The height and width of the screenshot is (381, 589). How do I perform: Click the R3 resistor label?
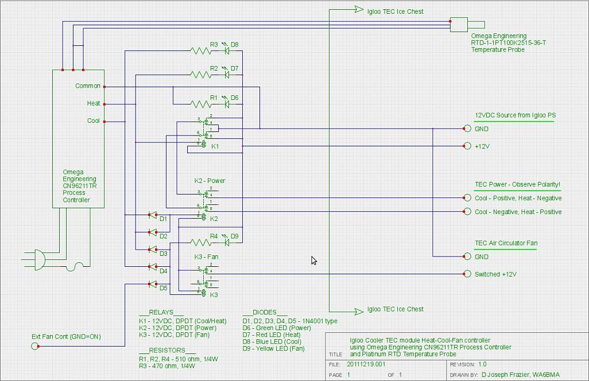click(214, 44)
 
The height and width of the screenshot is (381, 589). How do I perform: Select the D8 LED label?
click(235, 44)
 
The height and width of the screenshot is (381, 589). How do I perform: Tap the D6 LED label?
click(235, 98)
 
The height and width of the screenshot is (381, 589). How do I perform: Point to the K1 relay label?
click(215, 147)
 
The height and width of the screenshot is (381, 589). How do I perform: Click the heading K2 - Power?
click(210, 181)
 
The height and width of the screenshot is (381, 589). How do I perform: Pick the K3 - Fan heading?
click(206, 257)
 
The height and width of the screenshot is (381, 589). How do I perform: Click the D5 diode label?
click(164, 288)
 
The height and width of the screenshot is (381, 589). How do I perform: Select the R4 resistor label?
click(214, 236)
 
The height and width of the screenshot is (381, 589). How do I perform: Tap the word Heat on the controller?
click(94, 104)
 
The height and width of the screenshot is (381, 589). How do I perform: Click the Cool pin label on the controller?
click(94, 121)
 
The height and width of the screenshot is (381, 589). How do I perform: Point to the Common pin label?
click(88, 86)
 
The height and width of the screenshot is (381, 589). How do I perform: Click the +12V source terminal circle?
click(467, 146)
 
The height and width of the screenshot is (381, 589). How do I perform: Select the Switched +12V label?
click(495, 274)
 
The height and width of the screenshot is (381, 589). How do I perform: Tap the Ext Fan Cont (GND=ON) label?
click(66, 337)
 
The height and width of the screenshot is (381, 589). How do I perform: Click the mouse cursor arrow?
click(314, 261)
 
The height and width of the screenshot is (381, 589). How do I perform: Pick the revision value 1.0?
click(482, 364)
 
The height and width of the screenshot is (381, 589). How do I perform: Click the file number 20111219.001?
click(366, 364)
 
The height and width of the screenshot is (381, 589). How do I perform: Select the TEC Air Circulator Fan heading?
click(506, 243)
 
